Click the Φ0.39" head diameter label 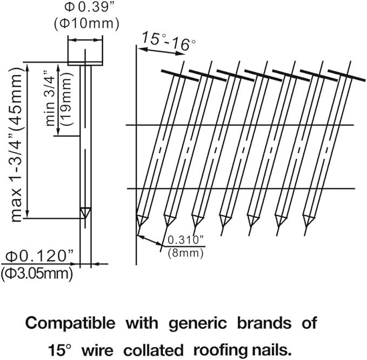click(x=87, y=7)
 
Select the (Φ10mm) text click(x=86, y=24)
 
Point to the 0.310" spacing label click(x=186, y=239)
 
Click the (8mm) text click(x=185, y=254)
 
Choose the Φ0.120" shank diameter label click(x=39, y=256)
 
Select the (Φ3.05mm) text click(x=37, y=274)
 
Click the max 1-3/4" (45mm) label click(x=16, y=145)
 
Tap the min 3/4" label click(x=50, y=98)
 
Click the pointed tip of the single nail click(x=85, y=218)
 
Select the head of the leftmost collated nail click(x=180, y=75)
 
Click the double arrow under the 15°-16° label click(x=161, y=51)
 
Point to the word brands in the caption click(x=264, y=323)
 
